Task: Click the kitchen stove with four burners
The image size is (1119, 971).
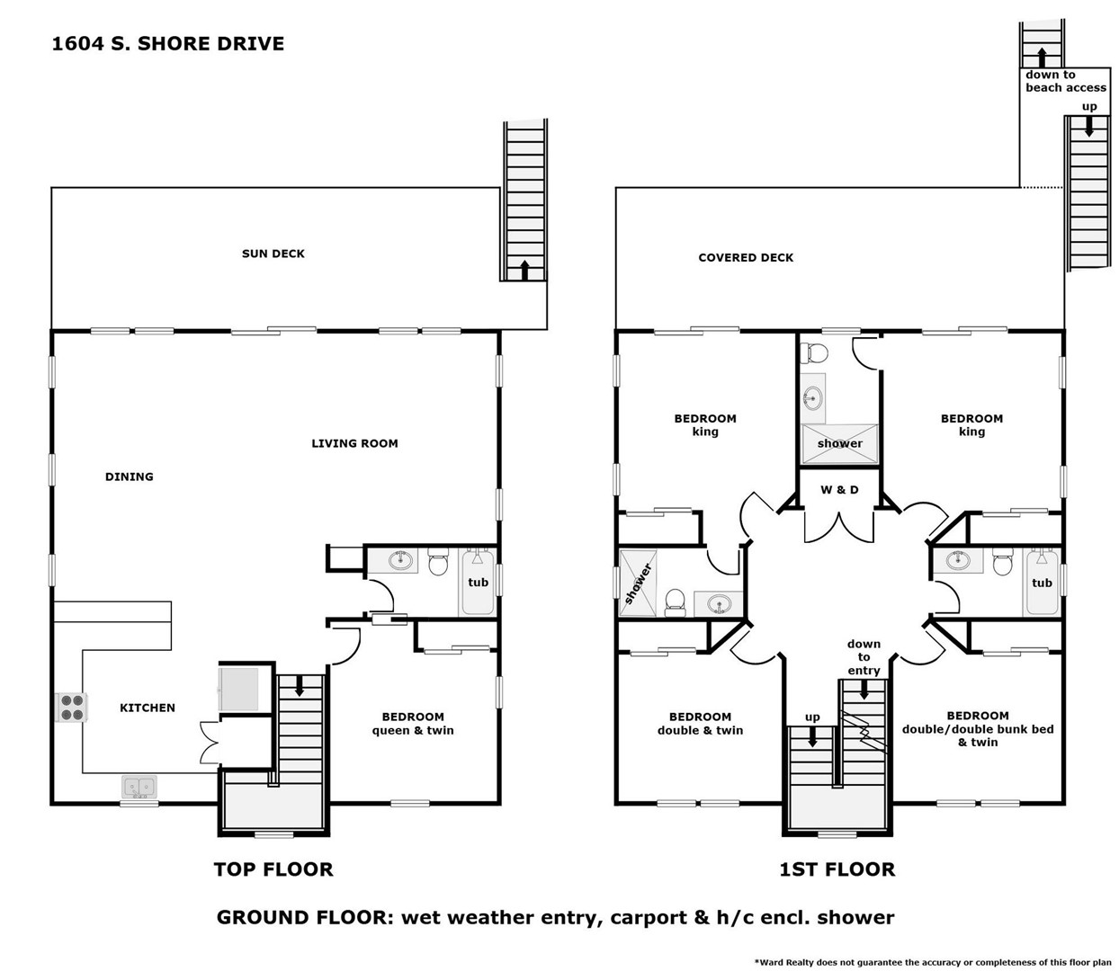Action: click(x=72, y=707)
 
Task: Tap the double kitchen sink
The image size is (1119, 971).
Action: click(x=139, y=787)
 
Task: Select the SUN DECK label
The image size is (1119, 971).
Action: click(x=273, y=254)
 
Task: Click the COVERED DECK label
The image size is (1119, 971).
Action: click(x=746, y=257)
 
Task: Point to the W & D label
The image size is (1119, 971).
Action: click(x=839, y=490)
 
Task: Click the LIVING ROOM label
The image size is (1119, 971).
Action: click(x=354, y=443)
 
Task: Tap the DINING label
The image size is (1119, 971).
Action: click(x=129, y=477)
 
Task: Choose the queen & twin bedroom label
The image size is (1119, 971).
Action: click(x=413, y=724)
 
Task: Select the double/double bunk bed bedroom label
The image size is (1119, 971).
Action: click(x=978, y=729)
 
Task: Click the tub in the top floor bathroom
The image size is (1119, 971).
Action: click(x=478, y=582)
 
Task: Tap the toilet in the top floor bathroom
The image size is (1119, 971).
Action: click(x=438, y=562)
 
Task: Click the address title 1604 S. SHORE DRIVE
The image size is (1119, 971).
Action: click(x=168, y=44)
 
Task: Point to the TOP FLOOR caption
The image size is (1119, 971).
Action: click(x=273, y=869)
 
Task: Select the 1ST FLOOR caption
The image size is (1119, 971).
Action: click(x=837, y=869)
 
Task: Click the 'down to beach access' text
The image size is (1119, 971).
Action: click(x=1065, y=81)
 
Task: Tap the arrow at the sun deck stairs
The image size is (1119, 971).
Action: click(x=524, y=270)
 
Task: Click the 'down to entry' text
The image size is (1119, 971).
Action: click(x=864, y=657)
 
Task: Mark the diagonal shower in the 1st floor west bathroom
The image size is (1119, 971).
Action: click(x=638, y=583)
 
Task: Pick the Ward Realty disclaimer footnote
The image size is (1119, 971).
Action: click(x=933, y=962)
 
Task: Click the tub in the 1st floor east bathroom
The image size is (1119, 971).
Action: click(x=1042, y=583)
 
